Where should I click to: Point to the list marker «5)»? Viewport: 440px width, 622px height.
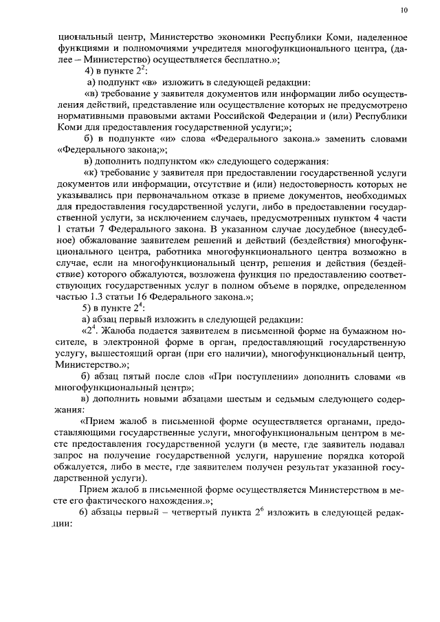87,308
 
